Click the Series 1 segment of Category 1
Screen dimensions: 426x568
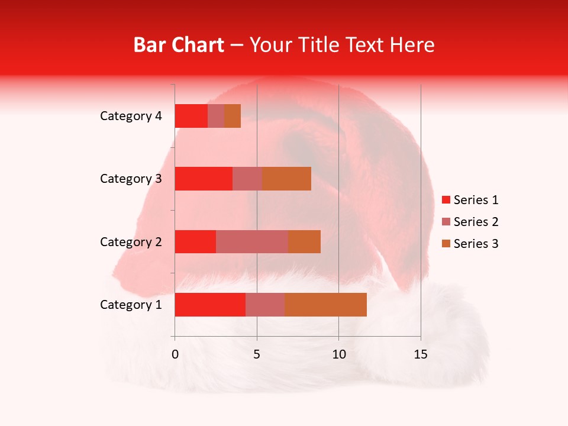click(x=210, y=305)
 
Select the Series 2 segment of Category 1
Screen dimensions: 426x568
click(x=265, y=305)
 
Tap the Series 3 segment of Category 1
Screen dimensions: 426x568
click(x=325, y=305)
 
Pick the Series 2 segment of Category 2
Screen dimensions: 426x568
click(x=252, y=241)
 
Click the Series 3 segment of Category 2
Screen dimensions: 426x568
click(x=304, y=241)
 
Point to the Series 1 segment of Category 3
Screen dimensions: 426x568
click(x=204, y=179)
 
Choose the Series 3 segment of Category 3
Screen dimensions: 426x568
click(x=287, y=179)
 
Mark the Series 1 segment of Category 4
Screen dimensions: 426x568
click(x=191, y=116)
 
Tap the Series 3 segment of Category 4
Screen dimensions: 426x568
click(x=233, y=116)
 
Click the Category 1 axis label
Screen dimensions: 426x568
click(x=131, y=305)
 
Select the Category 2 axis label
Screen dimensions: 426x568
click(x=131, y=242)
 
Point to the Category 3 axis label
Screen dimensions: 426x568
click(x=131, y=179)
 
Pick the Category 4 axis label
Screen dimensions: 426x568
click(x=131, y=116)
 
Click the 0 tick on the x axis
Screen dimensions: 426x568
click(x=175, y=354)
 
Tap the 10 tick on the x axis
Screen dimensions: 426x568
click(x=338, y=354)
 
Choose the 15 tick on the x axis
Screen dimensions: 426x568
click(x=421, y=354)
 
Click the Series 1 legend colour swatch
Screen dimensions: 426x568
click(x=446, y=200)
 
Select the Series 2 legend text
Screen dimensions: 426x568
click(x=476, y=222)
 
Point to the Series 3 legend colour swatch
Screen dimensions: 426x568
click(x=446, y=244)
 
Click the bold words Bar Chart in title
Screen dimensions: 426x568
click(x=179, y=45)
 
